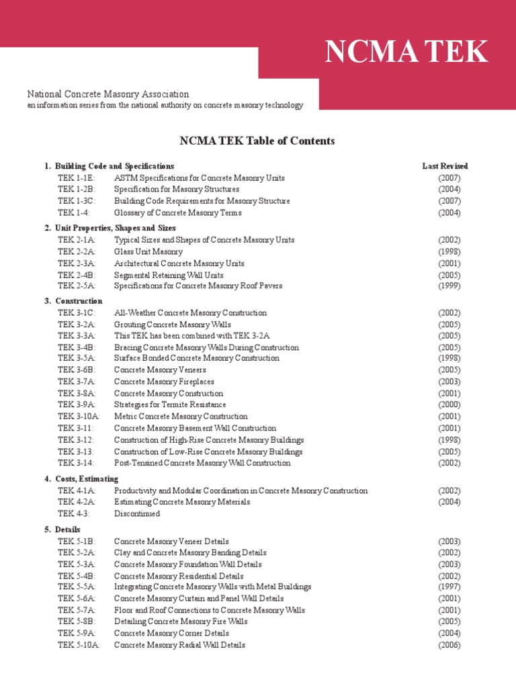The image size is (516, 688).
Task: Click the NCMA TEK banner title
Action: [406, 52]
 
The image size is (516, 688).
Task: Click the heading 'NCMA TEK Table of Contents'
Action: [257, 140]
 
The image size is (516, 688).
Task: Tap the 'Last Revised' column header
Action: [445, 166]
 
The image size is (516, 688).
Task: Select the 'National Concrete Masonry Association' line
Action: [107, 94]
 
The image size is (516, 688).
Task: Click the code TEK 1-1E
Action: [77, 178]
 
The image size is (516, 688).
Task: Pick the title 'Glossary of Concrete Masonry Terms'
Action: [177, 212]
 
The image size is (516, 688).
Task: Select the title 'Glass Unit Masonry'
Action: [148, 251]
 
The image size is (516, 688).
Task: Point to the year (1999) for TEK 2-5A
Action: [449, 286]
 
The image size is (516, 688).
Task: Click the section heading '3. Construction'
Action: [73, 301]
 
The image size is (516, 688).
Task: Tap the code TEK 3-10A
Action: [79, 417]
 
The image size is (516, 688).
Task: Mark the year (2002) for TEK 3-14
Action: [449, 462]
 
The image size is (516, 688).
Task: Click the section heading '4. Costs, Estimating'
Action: [81, 478]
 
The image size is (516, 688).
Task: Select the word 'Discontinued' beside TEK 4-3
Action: [137, 513]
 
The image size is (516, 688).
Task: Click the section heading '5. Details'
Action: [62, 529]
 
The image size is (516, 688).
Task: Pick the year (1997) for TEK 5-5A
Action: [449, 587]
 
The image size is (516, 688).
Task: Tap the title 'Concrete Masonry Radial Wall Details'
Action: [179, 645]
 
